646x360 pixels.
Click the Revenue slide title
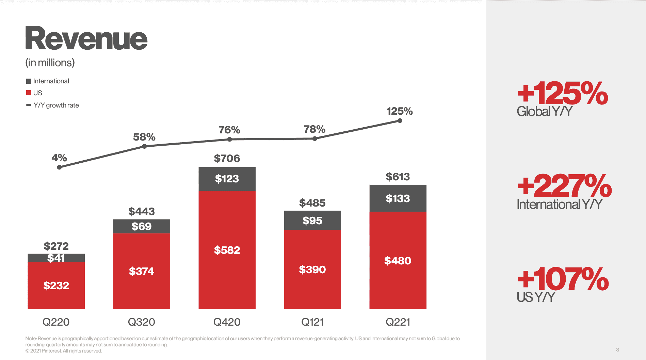coord(86,38)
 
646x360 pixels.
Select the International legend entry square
coord(29,81)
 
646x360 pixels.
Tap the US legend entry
coord(34,93)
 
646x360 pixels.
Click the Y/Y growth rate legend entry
coord(53,105)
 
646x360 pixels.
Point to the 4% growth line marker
coord(59,167)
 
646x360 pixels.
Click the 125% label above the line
coord(399,111)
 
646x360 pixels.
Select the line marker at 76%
coord(229,139)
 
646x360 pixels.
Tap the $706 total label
coord(227,158)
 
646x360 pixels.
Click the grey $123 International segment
coord(227,179)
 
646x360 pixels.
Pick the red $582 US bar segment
coord(227,250)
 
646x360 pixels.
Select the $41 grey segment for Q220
coord(56,258)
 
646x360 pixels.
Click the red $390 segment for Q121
coord(312,269)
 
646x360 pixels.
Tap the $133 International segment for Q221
coord(398,198)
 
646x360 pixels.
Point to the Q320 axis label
coord(141,322)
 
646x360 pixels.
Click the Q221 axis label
coord(398,322)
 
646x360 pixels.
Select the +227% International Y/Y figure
coord(564,186)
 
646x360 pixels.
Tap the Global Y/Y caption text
coord(544,112)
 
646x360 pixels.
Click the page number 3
coord(617,350)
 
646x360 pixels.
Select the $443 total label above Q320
coord(141,211)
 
